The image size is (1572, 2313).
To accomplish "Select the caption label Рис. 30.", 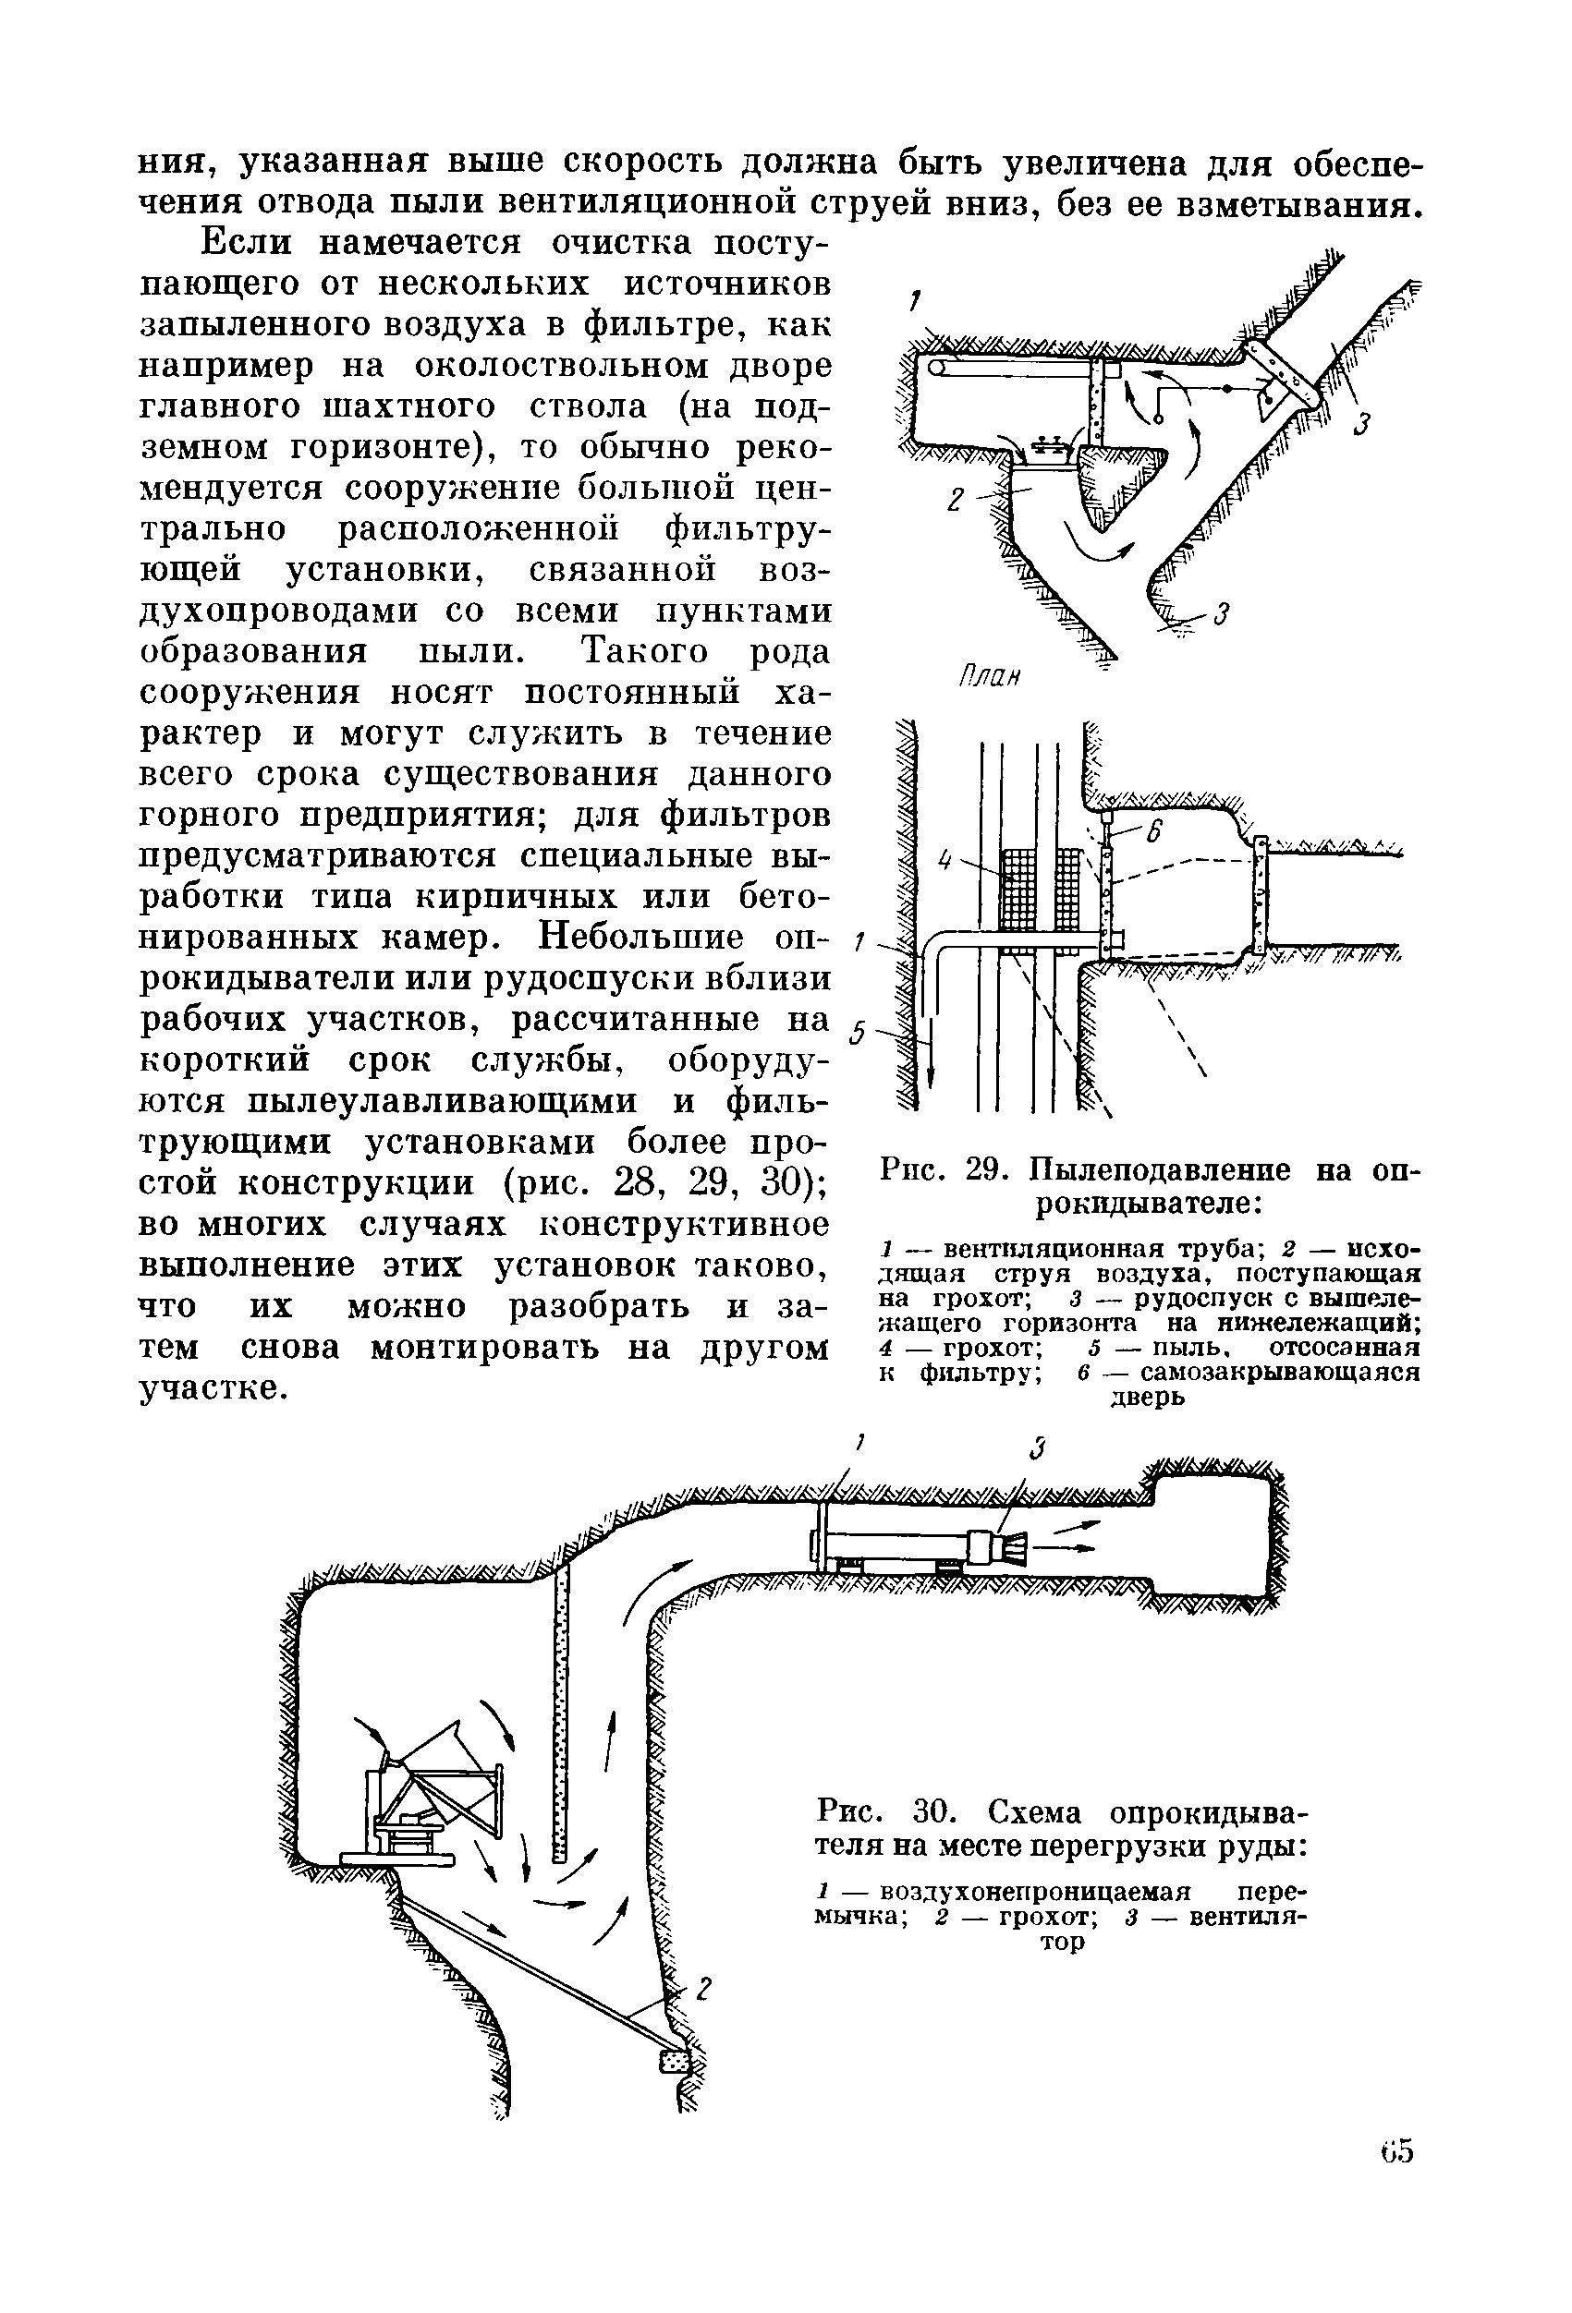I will click(x=875, y=1812).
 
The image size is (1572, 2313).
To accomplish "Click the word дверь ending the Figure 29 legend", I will click(x=1147, y=1398).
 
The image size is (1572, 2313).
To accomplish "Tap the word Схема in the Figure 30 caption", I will click(x=1038, y=1812).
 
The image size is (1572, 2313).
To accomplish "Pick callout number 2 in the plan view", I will click(x=955, y=501).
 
